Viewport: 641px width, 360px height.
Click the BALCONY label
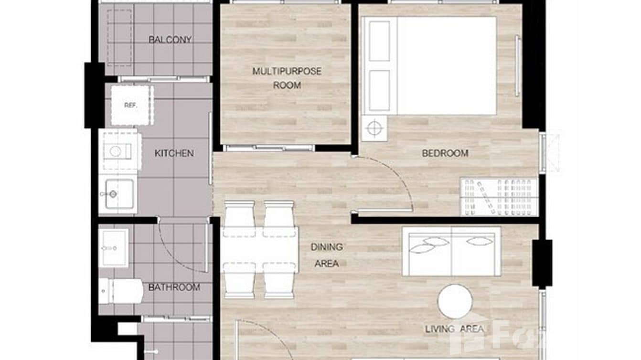click(x=170, y=40)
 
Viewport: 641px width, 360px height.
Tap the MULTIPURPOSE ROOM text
click(x=287, y=78)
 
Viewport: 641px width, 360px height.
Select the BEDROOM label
click(x=445, y=153)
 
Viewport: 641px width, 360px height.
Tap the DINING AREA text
click(x=327, y=255)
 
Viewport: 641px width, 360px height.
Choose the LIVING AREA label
click(x=454, y=329)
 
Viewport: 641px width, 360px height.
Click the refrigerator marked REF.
click(x=130, y=106)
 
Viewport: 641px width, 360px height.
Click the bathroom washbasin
click(x=114, y=248)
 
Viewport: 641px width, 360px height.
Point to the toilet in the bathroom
click(x=119, y=290)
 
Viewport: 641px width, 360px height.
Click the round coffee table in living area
click(x=455, y=301)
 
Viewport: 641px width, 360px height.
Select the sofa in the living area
click(x=451, y=251)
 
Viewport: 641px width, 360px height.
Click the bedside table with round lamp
click(x=374, y=128)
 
